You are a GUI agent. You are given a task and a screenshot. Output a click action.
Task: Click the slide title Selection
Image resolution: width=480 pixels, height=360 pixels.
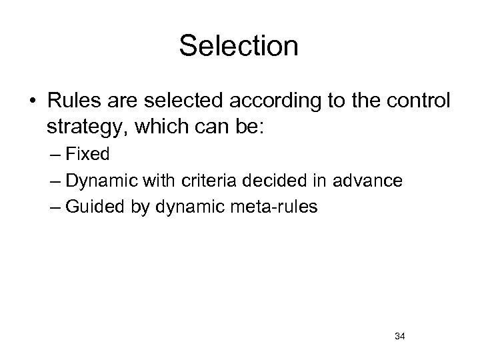[239, 46]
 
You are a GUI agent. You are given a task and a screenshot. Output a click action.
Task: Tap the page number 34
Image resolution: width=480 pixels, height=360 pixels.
[400, 335]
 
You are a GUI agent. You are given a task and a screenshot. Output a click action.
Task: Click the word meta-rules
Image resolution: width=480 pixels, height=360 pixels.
[282, 207]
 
